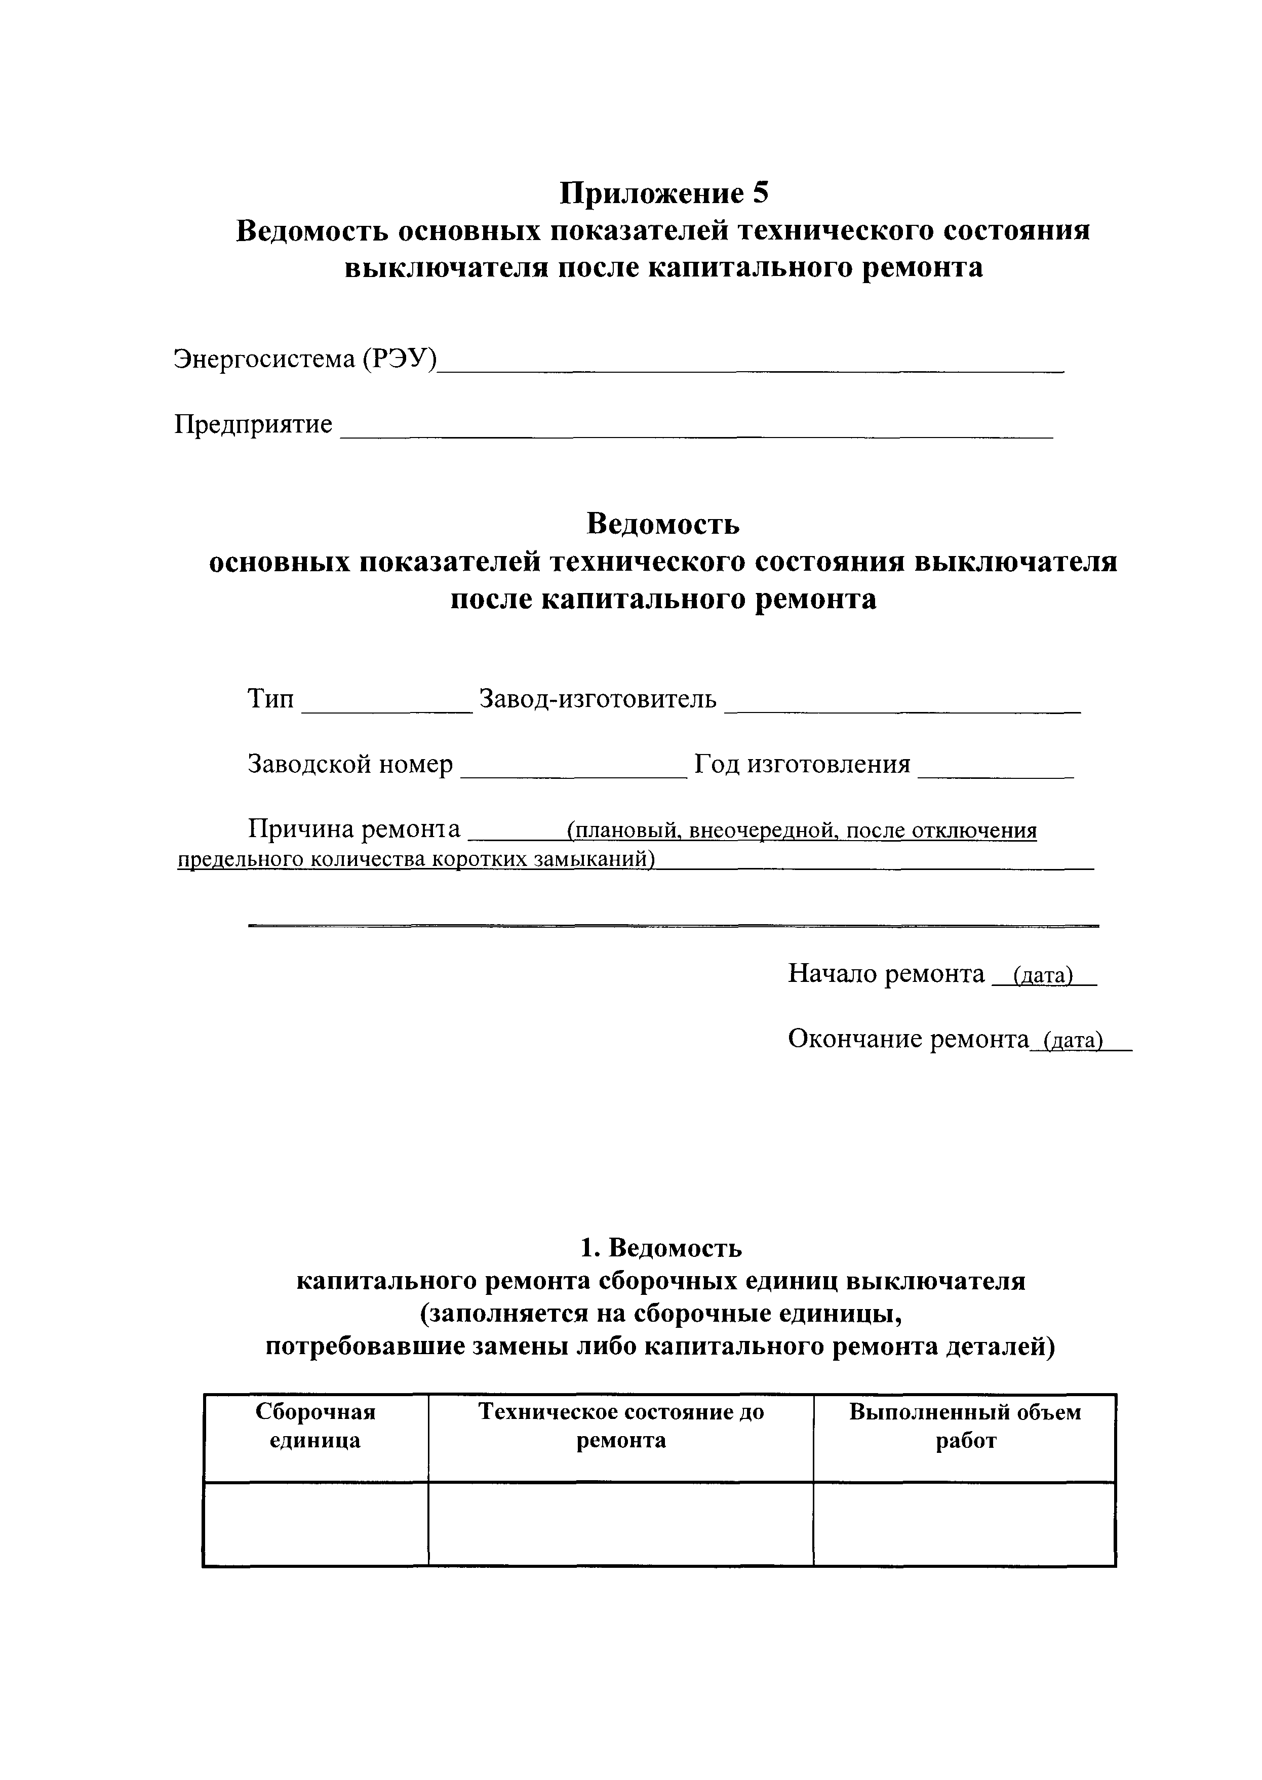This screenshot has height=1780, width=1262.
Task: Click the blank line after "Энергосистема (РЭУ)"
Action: [750, 365]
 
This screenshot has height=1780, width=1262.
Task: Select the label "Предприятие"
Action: [253, 424]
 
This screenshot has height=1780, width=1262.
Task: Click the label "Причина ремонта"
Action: [353, 830]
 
